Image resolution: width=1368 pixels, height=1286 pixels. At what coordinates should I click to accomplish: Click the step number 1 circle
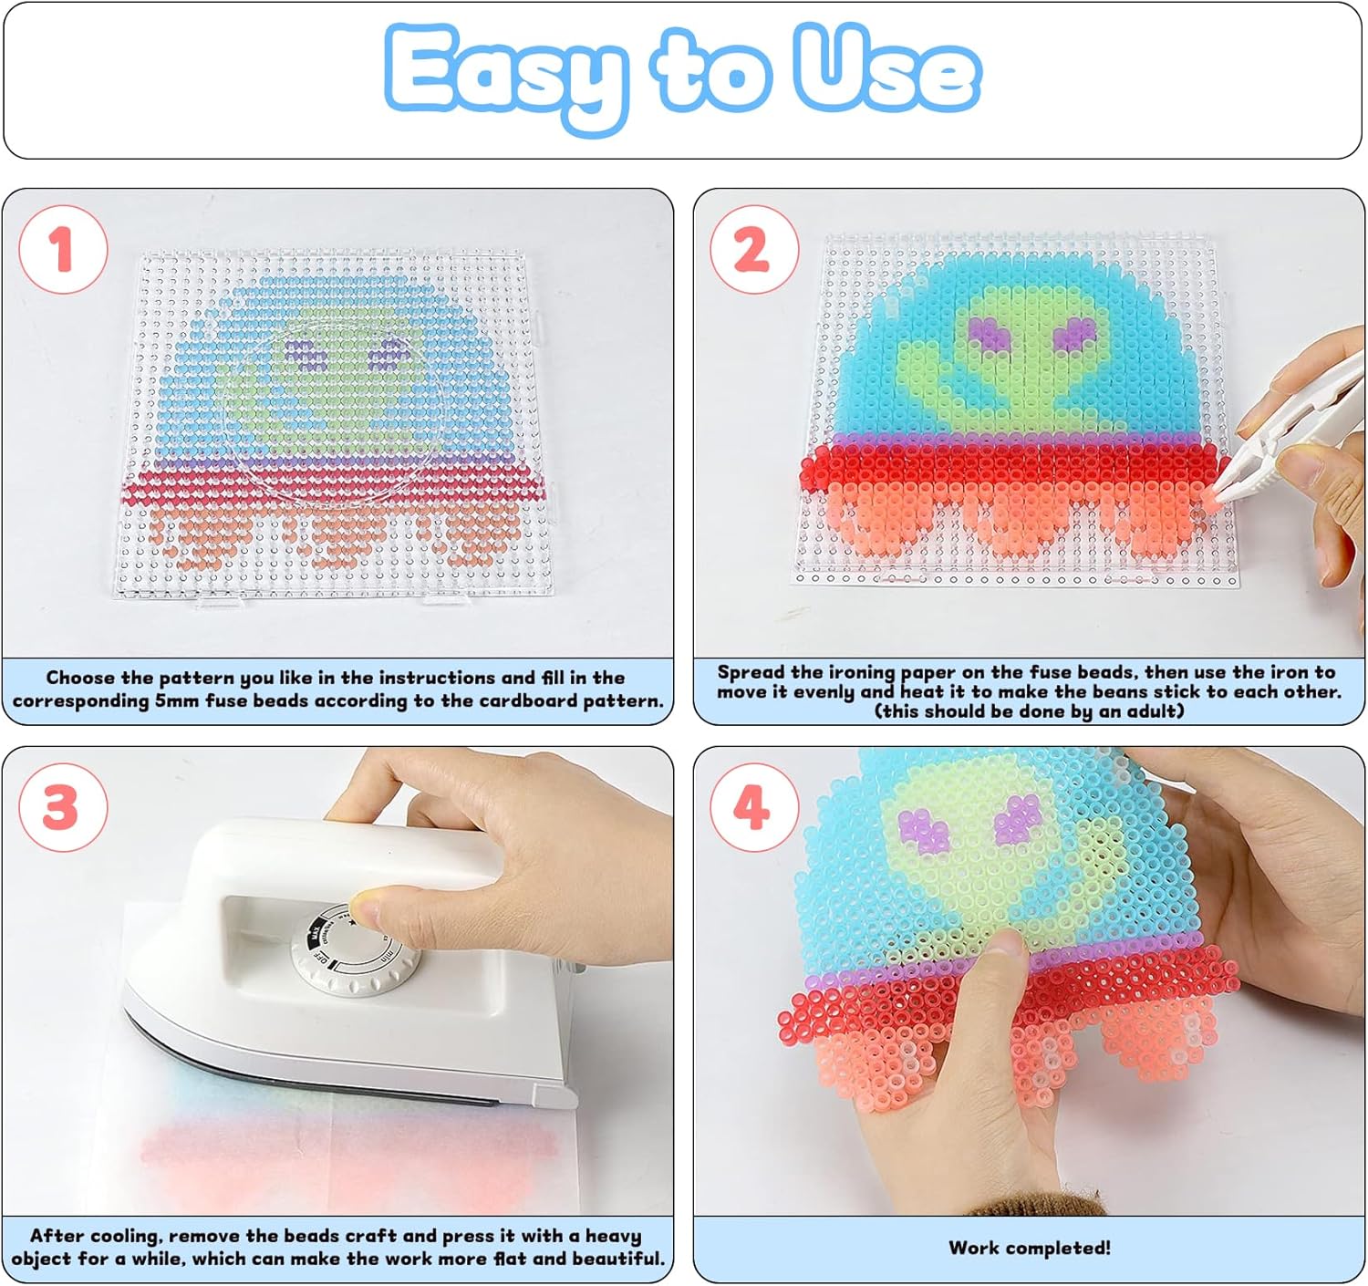pyautogui.click(x=63, y=250)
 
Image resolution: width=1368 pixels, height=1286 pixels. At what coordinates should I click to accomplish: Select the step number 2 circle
pyautogui.click(x=754, y=250)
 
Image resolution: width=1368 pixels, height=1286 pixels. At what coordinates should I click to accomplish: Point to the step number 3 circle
pyautogui.click(x=63, y=807)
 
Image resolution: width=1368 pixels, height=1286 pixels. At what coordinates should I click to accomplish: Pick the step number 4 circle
pyautogui.click(x=754, y=807)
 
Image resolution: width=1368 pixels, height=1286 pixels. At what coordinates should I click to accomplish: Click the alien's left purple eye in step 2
pyautogui.click(x=989, y=334)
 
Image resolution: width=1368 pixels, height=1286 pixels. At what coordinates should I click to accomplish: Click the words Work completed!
pyautogui.click(x=1029, y=1248)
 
